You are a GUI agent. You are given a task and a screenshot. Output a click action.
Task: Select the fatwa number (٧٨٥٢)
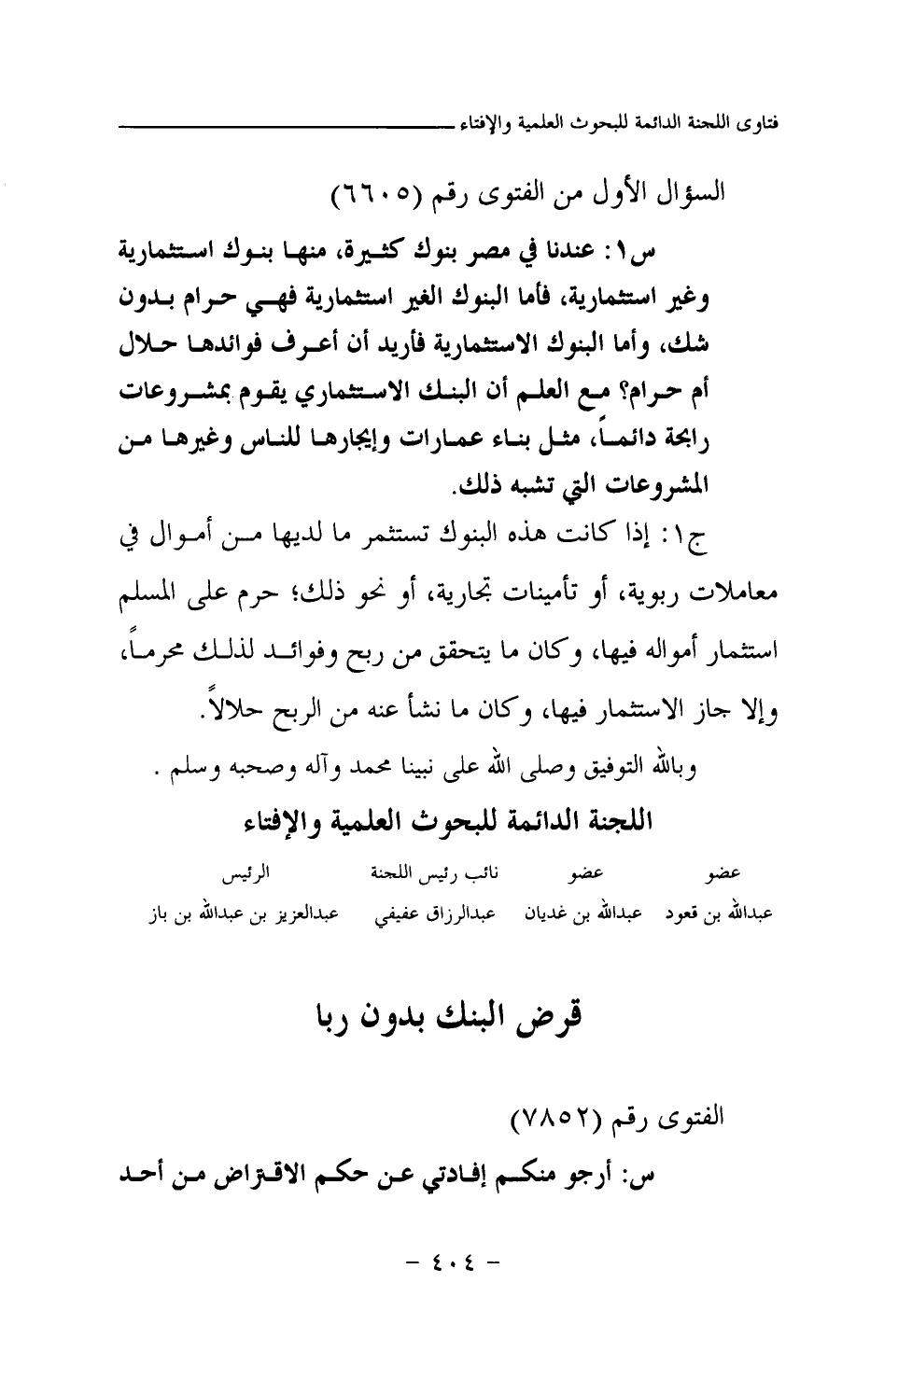557,1117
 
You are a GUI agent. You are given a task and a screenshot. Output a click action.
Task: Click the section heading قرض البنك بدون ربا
448,1016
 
